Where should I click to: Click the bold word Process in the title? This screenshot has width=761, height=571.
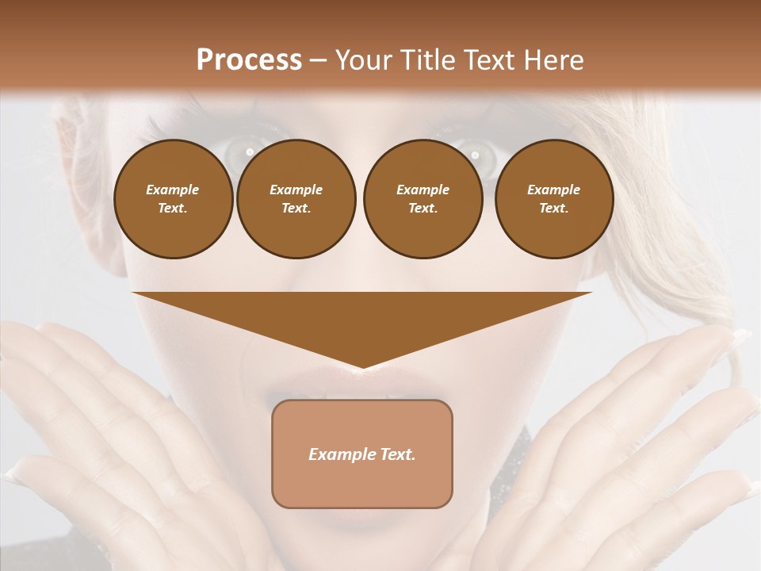click(249, 59)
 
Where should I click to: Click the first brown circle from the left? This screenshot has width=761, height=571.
click(173, 199)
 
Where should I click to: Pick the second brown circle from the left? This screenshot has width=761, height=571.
click(296, 199)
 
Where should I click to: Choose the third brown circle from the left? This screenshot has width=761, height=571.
click(423, 199)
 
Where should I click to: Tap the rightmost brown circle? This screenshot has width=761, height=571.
click(553, 199)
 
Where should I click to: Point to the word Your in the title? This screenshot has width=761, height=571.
click(361, 59)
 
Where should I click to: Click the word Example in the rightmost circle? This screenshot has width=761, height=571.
click(553, 190)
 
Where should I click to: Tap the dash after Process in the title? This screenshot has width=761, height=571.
click(318, 59)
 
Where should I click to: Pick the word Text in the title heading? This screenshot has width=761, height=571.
click(491, 59)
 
